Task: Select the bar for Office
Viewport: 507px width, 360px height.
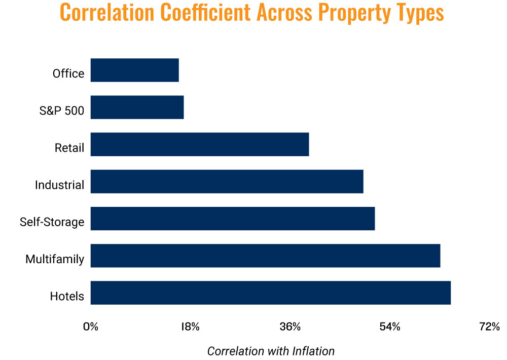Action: tap(134, 70)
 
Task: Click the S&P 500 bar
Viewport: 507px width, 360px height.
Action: tap(137, 107)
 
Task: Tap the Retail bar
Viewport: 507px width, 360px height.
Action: tap(200, 145)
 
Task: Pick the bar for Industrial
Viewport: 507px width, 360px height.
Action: tap(227, 182)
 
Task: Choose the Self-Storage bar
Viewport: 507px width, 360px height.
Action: tap(233, 219)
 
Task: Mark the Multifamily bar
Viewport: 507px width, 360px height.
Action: tap(266, 256)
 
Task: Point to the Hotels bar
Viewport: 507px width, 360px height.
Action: tap(271, 293)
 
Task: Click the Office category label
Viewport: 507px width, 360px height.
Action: tap(68, 74)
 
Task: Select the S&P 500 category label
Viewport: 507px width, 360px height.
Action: tap(62, 111)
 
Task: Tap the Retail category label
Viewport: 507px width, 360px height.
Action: tap(69, 148)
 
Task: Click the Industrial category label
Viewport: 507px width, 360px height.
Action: tap(59, 185)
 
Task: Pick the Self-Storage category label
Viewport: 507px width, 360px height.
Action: tap(52, 222)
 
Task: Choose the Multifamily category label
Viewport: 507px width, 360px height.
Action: tap(55, 259)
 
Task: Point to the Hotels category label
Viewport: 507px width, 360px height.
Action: tap(67, 296)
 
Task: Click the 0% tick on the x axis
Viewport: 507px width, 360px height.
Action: tap(91, 327)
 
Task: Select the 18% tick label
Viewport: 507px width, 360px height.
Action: tap(190, 327)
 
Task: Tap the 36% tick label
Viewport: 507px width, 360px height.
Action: tap(290, 327)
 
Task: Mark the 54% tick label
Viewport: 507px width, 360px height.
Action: tap(390, 327)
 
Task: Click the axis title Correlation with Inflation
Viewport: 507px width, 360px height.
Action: tap(271, 351)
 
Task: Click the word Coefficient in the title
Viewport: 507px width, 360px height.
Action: tap(205, 12)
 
